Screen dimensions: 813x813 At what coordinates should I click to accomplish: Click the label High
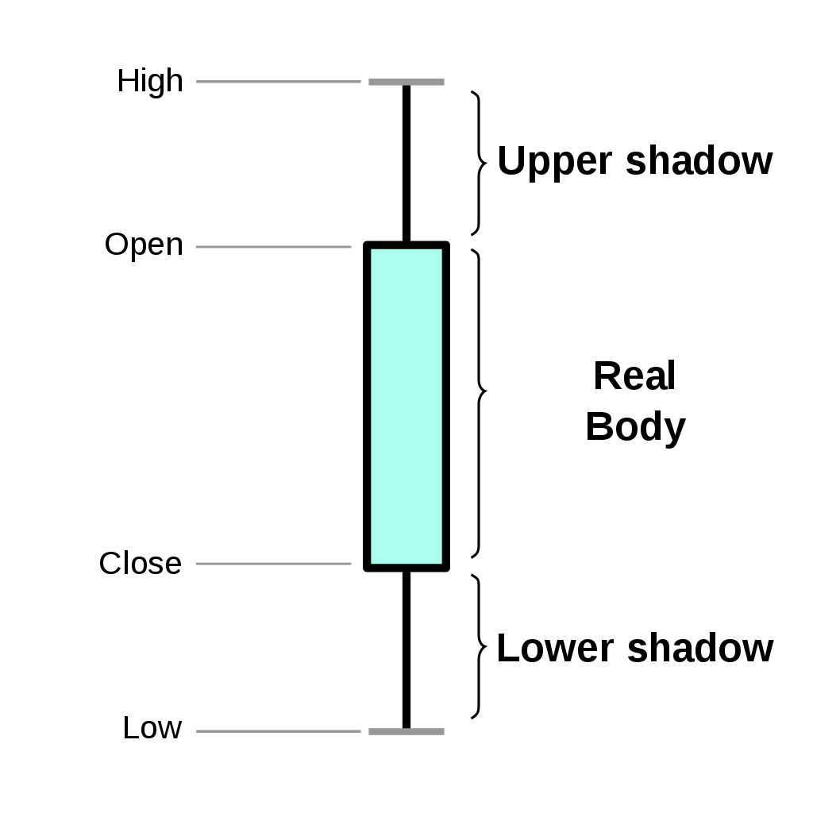[149, 81]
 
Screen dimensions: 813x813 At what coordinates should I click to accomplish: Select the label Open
[144, 245]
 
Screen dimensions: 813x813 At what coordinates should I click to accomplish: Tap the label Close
[140, 564]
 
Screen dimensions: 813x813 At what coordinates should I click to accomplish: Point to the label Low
[152, 728]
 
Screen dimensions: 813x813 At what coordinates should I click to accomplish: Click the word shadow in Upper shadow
[699, 161]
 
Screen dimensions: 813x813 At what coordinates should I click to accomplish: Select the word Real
[634, 376]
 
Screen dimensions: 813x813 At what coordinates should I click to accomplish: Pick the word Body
[635, 427]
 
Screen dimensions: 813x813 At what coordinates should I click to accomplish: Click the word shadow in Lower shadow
[699, 649]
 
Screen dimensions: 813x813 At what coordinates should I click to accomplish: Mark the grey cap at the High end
[406, 82]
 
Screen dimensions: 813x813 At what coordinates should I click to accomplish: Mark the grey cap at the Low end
[406, 731]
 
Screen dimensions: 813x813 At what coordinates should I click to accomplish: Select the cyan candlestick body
[406, 405]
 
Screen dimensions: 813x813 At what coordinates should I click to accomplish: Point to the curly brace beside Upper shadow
[478, 163]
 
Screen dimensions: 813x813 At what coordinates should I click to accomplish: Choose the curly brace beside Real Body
[478, 403]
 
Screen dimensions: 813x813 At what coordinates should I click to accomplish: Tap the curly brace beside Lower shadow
[478, 646]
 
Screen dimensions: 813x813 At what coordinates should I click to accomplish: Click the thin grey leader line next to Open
[273, 247]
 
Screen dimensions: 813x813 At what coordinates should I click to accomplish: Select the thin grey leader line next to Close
[273, 564]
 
